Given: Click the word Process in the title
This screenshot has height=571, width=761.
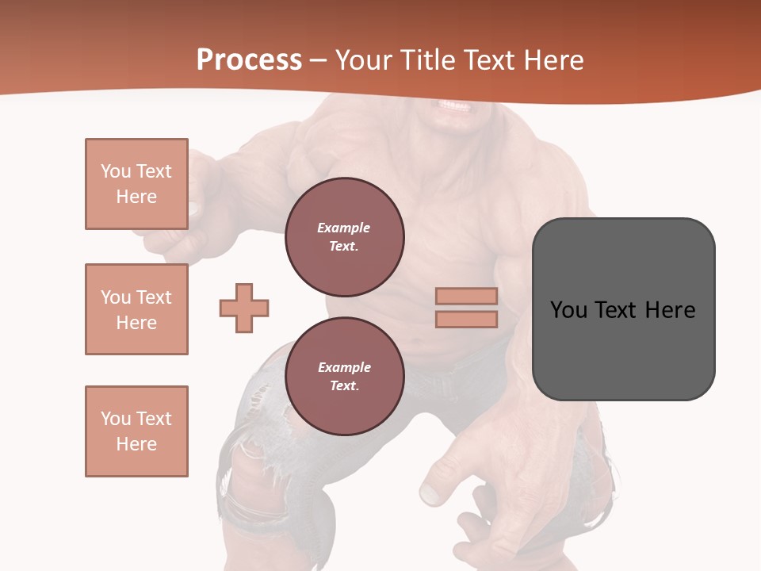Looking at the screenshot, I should point(249,60).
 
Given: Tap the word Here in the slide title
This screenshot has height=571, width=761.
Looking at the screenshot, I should point(553,60).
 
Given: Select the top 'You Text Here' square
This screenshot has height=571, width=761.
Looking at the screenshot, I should point(136,184).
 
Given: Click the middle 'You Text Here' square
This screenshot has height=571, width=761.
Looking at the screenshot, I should point(136,309).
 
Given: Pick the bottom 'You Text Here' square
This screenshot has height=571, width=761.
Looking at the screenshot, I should point(136,431).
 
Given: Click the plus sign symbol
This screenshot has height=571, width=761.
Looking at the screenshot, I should point(244,308).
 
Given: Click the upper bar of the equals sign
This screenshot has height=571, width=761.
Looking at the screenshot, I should point(466,297).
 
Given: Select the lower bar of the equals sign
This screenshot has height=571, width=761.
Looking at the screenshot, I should point(466,319).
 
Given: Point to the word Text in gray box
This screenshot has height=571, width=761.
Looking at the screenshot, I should point(617,310).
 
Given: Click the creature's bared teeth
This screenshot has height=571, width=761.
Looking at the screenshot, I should point(453,105).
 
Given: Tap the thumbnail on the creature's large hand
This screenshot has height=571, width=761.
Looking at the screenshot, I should point(429,493).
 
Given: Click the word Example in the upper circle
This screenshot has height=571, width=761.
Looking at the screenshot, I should point(344,228).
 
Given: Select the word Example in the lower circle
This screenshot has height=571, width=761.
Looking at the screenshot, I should point(344,367).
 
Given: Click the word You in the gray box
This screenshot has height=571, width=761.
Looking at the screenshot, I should point(568,310).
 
